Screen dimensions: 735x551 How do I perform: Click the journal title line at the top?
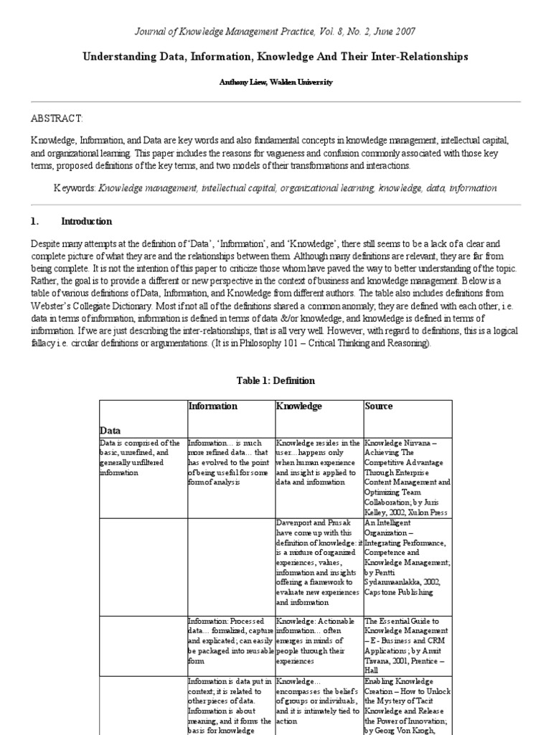coord(275,32)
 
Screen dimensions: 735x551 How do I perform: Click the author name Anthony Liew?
coord(275,83)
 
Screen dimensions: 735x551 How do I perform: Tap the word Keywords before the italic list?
coord(75,188)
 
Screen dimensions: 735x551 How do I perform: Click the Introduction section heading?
coord(86,222)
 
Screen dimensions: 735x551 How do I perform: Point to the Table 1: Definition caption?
coord(275,380)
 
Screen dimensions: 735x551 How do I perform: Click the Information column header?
coord(212,406)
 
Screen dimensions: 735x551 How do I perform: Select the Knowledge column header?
coord(299,406)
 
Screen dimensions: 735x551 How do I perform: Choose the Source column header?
coord(379,406)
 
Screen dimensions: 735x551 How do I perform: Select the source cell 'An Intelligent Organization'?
coord(406,558)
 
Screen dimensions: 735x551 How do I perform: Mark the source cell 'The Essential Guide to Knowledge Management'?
coord(406,644)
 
